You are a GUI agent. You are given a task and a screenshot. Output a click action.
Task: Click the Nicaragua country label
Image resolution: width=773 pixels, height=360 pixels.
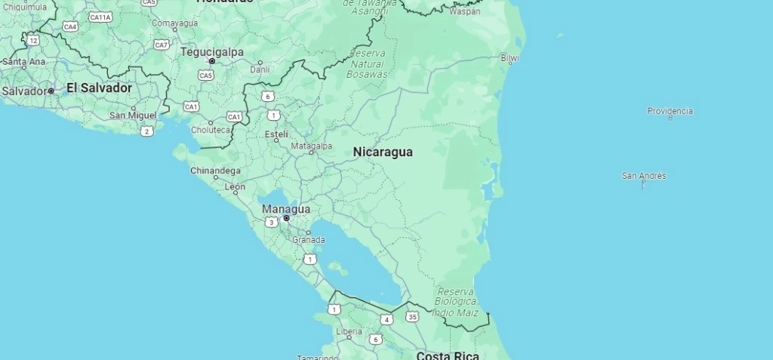[x=383, y=152]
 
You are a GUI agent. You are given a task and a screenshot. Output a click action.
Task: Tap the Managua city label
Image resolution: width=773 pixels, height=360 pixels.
[x=285, y=208]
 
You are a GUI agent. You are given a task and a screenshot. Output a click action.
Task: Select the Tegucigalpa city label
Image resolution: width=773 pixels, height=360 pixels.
[x=211, y=51]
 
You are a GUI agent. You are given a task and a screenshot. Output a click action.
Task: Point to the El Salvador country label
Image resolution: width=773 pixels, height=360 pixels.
[x=99, y=88]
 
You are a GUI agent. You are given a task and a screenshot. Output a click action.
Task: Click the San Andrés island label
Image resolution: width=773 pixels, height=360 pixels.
[x=644, y=175]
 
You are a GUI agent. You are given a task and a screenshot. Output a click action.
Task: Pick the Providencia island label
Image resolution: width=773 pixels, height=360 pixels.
[x=670, y=111]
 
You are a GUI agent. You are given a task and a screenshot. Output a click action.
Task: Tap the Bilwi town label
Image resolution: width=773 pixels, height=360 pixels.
[x=510, y=57]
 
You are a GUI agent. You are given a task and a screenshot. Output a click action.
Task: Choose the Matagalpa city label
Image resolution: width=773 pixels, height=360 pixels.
[x=311, y=146]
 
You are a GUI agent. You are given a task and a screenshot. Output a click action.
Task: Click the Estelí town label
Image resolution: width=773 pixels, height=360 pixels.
[x=277, y=134]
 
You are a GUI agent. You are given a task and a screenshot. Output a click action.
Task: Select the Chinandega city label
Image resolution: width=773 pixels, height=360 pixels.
[x=215, y=171]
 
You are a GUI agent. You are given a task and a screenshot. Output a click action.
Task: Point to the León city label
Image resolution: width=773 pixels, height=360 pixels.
[x=235, y=186]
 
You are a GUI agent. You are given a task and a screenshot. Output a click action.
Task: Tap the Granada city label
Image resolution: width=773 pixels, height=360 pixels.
[x=309, y=240]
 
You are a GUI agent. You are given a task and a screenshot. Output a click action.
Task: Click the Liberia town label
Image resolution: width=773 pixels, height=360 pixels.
[x=349, y=331]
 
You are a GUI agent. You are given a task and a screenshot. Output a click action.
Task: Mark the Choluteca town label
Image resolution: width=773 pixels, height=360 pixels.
[x=211, y=130]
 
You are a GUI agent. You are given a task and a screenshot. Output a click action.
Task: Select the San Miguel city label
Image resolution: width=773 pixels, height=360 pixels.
[x=133, y=115]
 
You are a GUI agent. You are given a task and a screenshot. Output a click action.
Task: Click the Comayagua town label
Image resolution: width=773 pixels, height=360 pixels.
[x=174, y=23]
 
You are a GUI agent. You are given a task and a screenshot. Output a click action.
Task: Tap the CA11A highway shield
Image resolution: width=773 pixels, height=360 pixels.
[x=100, y=17]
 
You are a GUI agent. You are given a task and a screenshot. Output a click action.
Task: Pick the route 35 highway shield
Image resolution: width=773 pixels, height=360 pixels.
[x=411, y=316]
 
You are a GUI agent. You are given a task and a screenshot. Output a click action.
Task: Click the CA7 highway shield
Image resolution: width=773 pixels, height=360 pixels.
[x=162, y=45]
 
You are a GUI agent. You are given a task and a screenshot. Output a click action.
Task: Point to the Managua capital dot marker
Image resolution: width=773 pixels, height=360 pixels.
[x=286, y=218]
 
